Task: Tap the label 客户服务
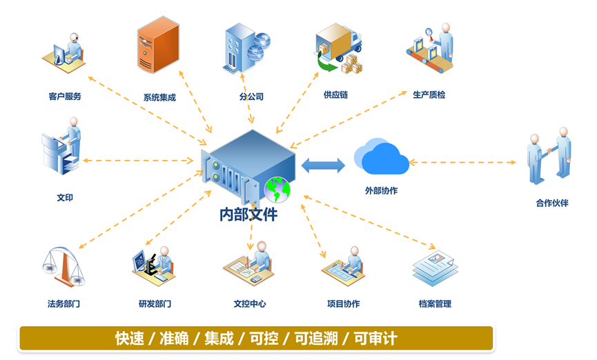tap(65, 97)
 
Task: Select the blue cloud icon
tap(381, 157)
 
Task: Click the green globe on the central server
tap(277, 188)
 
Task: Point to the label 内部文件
tap(248, 214)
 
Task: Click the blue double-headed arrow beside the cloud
tap(323, 166)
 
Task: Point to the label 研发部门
tap(155, 303)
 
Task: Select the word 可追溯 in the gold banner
tap(316, 339)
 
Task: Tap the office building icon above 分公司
tap(245, 48)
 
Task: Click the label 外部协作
tap(381, 190)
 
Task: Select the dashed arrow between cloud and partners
tap(462, 163)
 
